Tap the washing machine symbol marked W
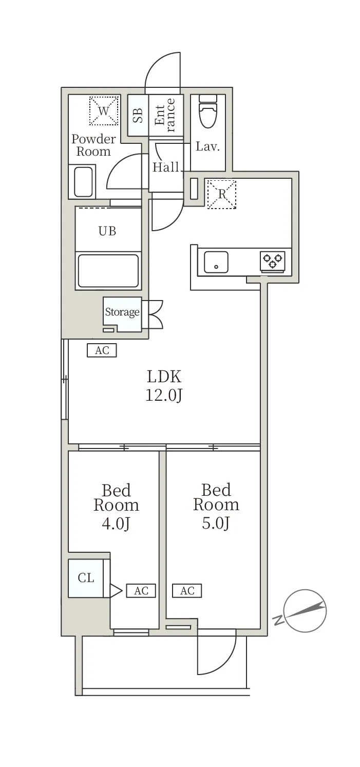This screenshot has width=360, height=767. (x=104, y=110)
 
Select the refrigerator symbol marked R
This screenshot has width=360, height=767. (x=222, y=194)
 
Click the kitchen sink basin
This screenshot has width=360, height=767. (x=216, y=262)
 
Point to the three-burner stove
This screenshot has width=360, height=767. (x=272, y=261)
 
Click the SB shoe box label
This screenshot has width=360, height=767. (x=138, y=116)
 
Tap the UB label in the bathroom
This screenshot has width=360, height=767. (x=107, y=231)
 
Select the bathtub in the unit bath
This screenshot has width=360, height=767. (x=108, y=271)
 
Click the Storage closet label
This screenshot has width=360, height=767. (x=122, y=312)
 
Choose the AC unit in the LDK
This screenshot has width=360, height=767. (x=102, y=350)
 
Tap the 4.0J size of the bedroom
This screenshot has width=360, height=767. (x=116, y=523)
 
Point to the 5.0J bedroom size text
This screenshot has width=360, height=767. (x=216, y=523)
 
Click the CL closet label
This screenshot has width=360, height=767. (x=86, y=577)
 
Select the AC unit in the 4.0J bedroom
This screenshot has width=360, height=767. (x=141, y=591)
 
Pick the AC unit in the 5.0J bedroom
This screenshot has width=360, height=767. (x=187, y=591)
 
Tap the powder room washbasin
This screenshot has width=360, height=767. (x=83, y=182)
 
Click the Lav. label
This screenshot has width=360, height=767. (x=207, y=146)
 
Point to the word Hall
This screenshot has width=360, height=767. (x=166, y=167)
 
